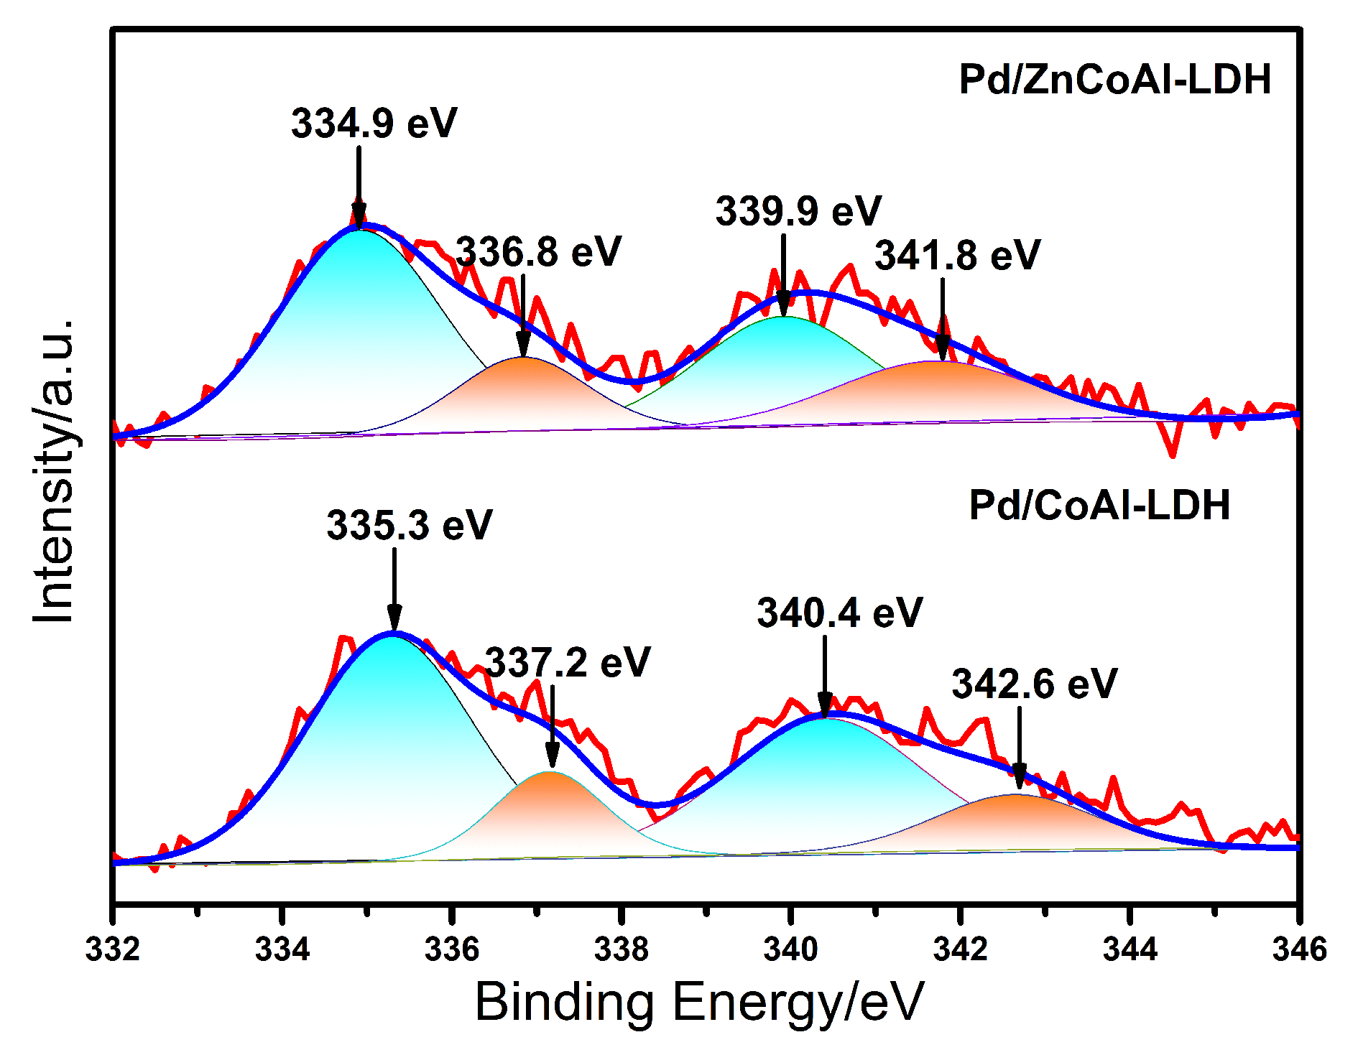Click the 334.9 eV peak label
(x=374, y=124)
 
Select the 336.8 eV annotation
(x=538, y=252)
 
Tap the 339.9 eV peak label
(x=798, y=211)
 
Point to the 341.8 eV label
(x=957, y=256)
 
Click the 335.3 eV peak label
(x=410, y=525)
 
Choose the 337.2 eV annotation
(x=568, y=662)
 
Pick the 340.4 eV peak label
(x=839, y=613)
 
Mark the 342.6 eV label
(x=1035, y=684)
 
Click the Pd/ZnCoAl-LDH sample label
(x=1115, y=80)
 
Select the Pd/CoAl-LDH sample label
(x=1099, y=506)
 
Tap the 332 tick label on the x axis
(x=112, y=949)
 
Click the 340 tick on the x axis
(x=791, y=949)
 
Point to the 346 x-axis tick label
(x=1299, y=949)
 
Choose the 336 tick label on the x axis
(x=452, y=949)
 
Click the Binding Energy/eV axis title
(x=698, y=1002)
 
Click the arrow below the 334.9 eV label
(x=359, y=187)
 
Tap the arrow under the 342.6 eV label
(x=1019, y=747)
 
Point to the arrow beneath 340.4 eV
(x=825, y=675)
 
